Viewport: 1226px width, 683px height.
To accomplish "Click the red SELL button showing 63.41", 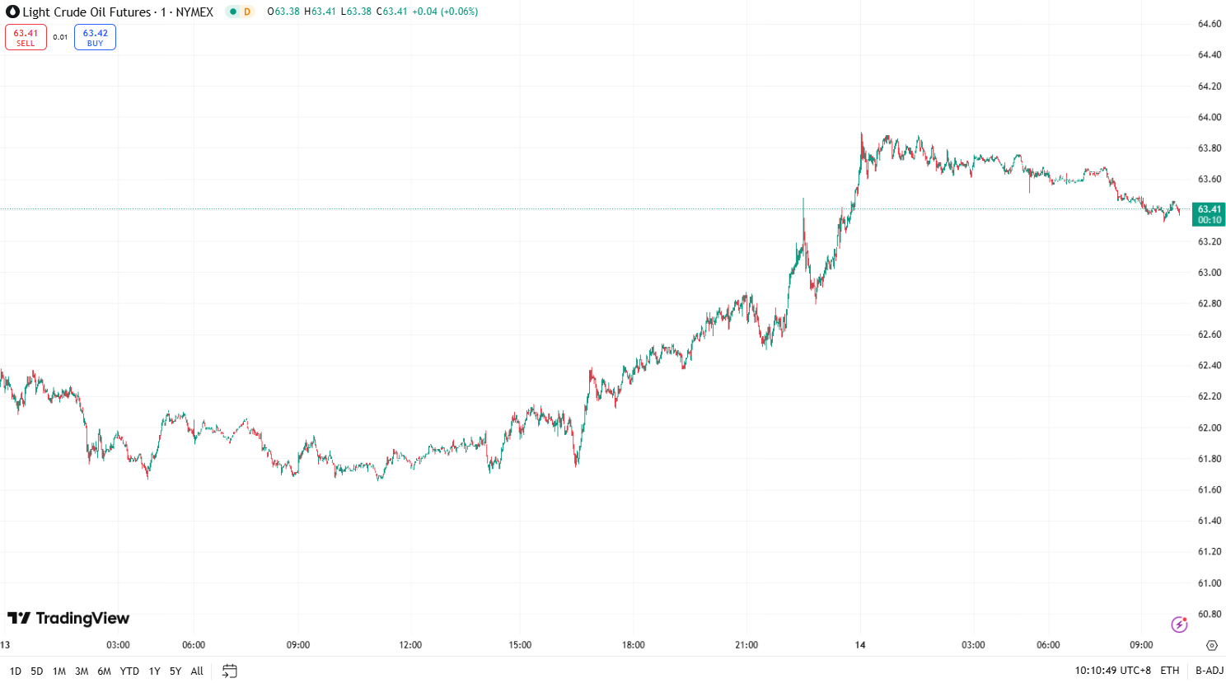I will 26,37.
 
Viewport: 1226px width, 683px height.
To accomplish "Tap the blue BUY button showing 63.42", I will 95,37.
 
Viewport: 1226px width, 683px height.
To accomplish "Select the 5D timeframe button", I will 37,671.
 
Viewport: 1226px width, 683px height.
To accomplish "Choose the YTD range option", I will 129,671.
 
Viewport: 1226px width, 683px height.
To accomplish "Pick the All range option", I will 197,671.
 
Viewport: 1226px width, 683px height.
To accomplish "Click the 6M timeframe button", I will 104,671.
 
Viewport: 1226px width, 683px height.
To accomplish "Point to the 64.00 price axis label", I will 1209,117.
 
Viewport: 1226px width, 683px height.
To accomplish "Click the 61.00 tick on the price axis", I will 1209,582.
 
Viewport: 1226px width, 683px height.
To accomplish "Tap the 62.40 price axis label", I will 1209,365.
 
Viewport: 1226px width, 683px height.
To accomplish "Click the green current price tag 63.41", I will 1209,214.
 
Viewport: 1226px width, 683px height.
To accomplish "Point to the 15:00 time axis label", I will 520,645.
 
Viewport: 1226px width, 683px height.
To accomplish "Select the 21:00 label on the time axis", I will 746,645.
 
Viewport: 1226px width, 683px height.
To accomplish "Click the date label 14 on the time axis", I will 860,645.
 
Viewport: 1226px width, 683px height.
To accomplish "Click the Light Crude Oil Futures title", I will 87,12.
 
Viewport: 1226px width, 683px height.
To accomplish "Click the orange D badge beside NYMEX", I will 246,12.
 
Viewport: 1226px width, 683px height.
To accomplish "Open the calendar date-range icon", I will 230,671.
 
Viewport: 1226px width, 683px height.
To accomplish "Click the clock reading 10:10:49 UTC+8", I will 1112,671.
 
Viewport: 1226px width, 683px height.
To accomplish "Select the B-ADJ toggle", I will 1210,671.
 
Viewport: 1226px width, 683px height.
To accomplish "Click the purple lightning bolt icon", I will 1179,624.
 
